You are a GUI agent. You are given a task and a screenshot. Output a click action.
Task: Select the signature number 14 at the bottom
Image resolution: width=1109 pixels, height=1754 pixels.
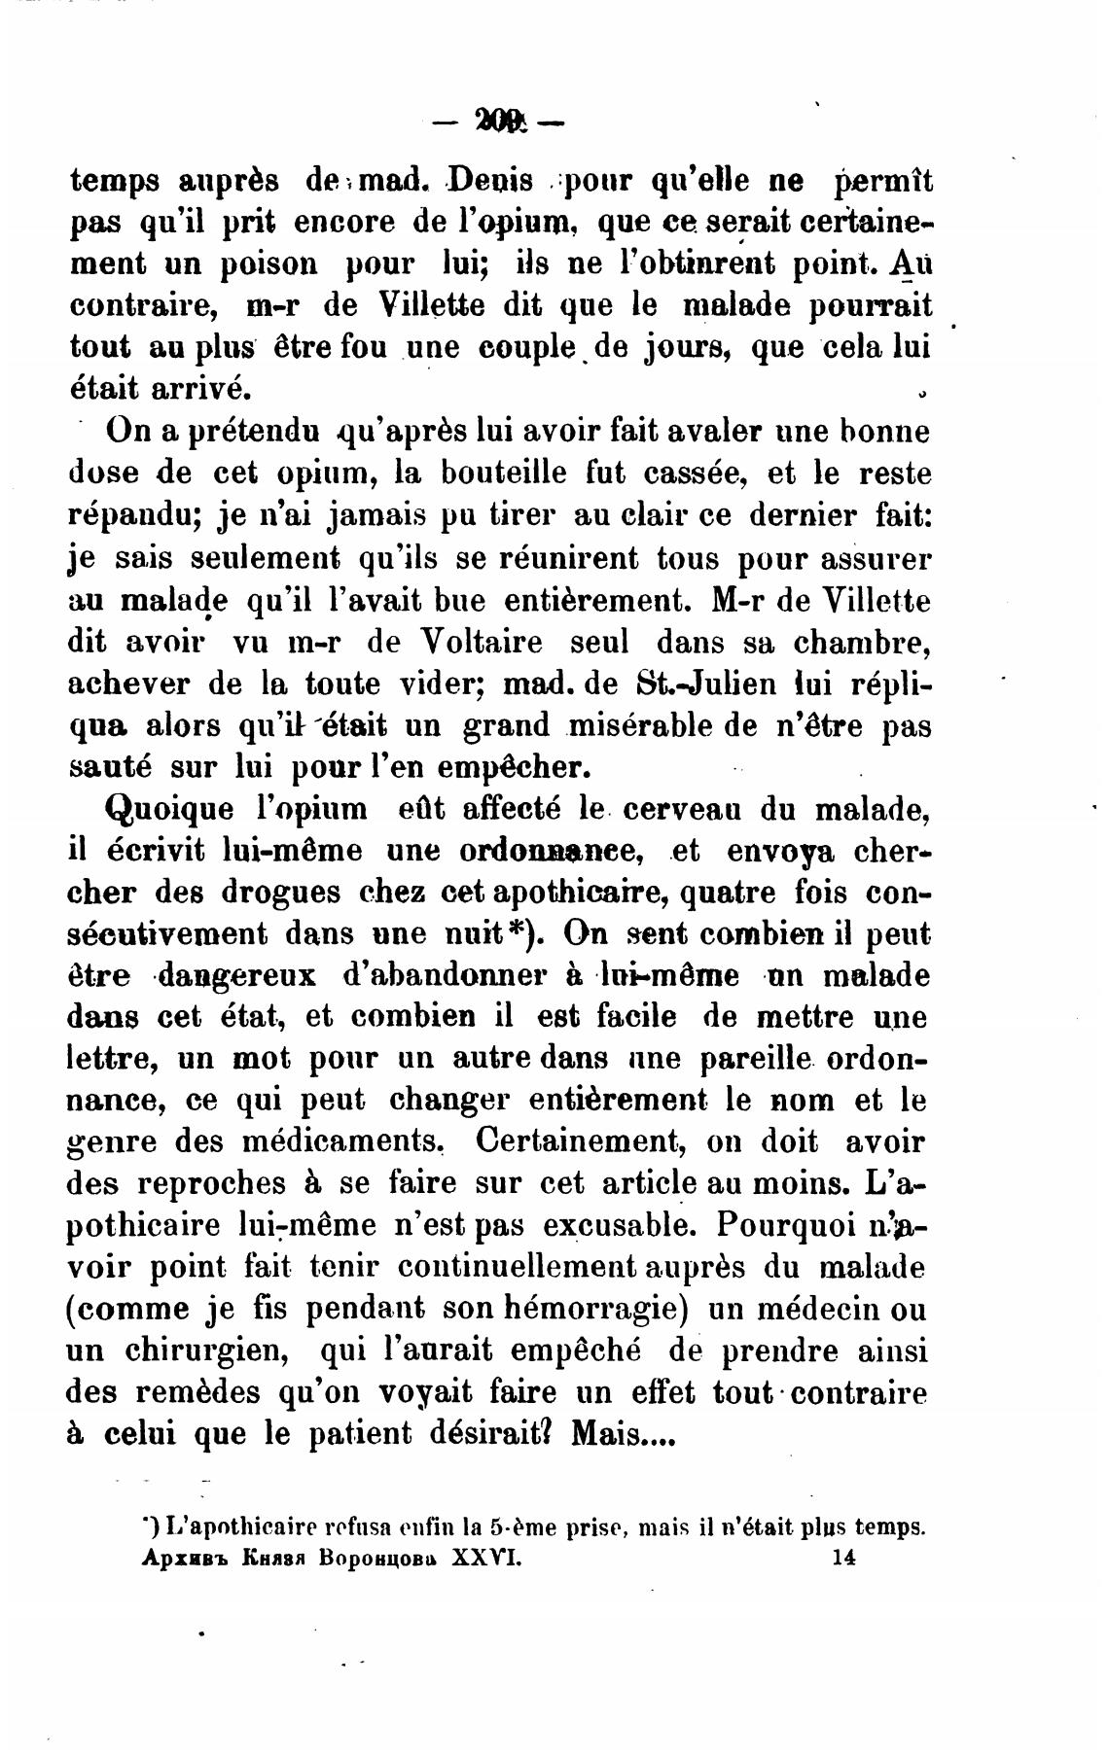point(842,1557)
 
